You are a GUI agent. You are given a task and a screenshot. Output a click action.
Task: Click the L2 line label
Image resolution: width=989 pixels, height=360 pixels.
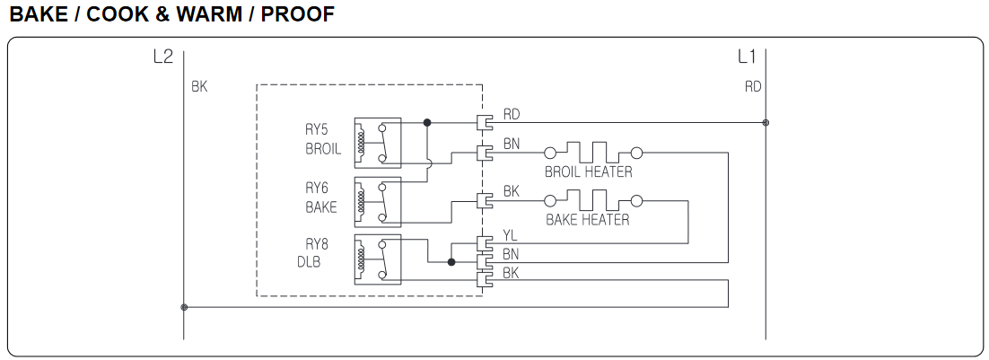click(x=162, y=58)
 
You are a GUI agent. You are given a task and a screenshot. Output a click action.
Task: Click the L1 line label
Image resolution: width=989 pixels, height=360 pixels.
click(x=747, y=58)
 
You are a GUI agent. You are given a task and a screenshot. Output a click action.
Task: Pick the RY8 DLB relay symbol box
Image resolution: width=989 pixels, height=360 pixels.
click(x=377, y=258)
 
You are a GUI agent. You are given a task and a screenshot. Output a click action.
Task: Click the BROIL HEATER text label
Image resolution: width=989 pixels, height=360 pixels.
click(x=588, y=171)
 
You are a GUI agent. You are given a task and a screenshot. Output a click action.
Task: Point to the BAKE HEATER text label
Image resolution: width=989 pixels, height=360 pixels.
click(x=588, y=219)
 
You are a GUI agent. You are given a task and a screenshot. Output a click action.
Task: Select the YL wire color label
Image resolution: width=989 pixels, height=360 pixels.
click(x=511, y=236)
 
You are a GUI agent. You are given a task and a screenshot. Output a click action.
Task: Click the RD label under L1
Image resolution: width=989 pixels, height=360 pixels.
click(x=753, y=87)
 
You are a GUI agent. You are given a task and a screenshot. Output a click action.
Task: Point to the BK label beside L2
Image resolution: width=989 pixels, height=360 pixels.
click(x=199, y=87)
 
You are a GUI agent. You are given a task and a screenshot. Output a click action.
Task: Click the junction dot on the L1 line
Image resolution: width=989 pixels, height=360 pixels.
click(x=766, y=122)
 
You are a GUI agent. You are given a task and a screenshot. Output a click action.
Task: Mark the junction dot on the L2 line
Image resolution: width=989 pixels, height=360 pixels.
click(x=184, y=307)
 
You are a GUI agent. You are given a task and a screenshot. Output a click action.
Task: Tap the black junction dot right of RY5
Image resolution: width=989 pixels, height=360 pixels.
click(x=427, y=122)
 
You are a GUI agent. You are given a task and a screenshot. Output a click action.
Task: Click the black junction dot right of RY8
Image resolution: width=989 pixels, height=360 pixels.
click(x=451, y=262)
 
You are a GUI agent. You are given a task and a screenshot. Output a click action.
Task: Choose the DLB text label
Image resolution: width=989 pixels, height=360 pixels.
click(x=311, y=262)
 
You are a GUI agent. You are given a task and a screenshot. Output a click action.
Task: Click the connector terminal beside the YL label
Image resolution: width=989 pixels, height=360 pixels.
click(x=485, y=243)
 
